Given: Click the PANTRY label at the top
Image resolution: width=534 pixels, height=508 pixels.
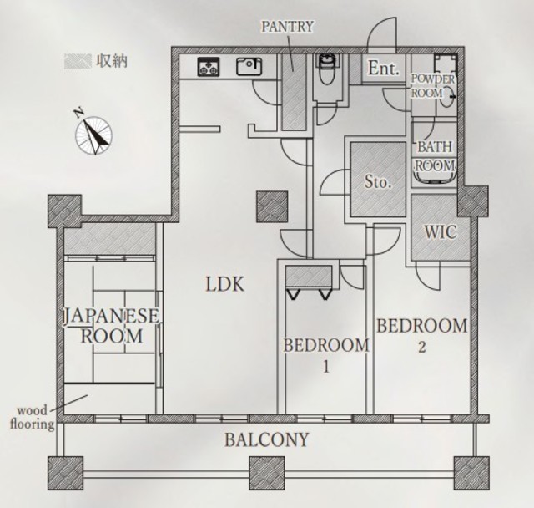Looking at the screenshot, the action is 287,27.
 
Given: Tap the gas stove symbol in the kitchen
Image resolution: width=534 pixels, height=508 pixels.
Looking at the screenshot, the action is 208,67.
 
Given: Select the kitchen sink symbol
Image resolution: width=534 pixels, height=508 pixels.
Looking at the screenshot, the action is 249,67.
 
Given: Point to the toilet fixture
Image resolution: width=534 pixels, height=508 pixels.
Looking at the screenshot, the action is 327,69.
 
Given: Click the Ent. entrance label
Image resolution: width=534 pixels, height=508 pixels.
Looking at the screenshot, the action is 383,69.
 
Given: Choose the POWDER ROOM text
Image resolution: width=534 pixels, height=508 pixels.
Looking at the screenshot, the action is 432,86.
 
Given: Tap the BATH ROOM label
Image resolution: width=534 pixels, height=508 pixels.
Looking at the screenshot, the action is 435,156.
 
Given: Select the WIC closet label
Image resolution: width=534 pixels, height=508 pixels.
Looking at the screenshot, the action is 440,232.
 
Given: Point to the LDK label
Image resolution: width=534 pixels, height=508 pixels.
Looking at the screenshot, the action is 225,284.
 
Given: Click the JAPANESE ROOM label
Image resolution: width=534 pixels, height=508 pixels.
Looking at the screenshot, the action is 112,326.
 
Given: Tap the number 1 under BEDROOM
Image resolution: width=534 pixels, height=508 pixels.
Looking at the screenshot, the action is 326,367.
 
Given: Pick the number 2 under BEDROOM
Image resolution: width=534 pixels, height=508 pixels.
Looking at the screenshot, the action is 421,347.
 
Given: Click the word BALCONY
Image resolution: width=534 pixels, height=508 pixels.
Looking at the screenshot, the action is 267,439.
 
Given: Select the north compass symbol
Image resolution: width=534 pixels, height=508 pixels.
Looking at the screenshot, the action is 93,133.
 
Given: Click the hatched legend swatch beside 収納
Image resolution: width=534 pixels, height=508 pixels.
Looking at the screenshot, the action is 78,61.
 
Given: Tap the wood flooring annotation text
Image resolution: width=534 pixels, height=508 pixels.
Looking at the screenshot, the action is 33,417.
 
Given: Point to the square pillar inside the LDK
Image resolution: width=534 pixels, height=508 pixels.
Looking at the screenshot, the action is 272,206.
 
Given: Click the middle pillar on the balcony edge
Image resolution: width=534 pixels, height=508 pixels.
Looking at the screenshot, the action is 267,473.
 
